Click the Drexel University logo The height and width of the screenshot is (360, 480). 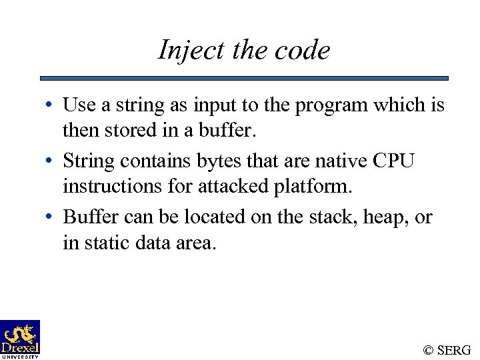20,339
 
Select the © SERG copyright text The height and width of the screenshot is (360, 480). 447,349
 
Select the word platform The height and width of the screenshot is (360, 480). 310,187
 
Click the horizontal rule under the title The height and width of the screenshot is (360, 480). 244,78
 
